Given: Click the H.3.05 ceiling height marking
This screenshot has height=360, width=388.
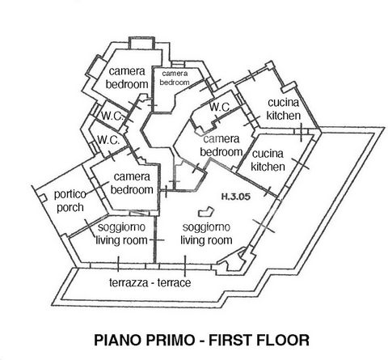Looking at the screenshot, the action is click(x=236, y=197).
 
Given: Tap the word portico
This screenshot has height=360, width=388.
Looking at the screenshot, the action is click(x=70, y=194).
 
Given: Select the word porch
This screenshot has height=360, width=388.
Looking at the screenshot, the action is click(x=70, y=208).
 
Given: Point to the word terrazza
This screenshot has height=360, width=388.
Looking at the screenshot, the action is click(x=129, y=282).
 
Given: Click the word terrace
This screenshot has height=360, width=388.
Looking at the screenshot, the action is click(x=174, y=282).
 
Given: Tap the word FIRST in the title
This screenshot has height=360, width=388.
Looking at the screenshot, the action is click(x=230, y=340).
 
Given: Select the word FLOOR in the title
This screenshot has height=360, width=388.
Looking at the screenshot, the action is click(x=283, y=340).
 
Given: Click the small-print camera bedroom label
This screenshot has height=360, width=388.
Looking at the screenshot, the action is click(x=175, y=78).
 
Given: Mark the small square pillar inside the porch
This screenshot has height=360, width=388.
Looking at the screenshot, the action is click(x=42, y=198).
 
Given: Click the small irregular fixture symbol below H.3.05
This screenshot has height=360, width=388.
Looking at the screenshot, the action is click(x=206, y=211).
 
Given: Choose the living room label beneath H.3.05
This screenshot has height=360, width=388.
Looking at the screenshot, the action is click(x=206, y=234).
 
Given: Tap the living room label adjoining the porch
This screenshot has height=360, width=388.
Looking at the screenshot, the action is click(x=121, y=234).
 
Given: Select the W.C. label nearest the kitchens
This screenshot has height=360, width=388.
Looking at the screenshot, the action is click(x=220, y=107).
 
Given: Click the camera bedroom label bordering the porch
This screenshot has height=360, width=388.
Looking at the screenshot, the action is click(x=132, y=184).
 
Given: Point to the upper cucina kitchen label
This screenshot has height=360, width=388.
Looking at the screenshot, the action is click(x=284, y=109).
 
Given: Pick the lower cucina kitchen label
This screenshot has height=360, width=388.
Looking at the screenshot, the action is click(x=268, y=160).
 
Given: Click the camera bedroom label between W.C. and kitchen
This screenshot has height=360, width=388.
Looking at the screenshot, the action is click(x=221, y=146).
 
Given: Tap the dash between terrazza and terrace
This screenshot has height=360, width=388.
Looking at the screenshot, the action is click(x=153, y=283).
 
